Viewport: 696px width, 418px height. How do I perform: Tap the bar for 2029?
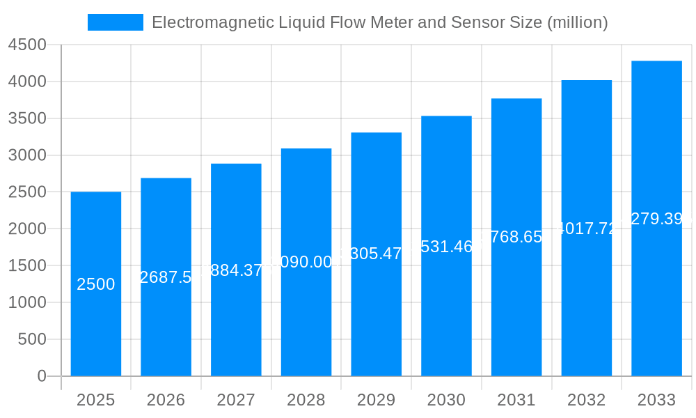tap(376, 313)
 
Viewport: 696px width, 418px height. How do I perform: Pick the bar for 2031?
tap(516, 313)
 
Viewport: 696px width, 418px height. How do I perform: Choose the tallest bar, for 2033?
tap(656, 313)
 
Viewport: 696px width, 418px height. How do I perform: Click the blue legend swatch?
tap(115, 22)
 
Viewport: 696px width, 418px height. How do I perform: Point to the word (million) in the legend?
tap(578, 22)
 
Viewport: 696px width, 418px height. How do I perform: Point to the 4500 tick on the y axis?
tap(27, 45)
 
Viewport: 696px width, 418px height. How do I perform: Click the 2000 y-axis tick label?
tap(27, 229)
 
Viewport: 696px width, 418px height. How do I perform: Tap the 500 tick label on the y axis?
tap(32, 339)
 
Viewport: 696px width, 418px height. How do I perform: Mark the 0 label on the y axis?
tap(41, 376)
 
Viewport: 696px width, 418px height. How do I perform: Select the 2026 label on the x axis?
tap(166, 400)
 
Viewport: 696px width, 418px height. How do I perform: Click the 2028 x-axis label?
tap(306, 400)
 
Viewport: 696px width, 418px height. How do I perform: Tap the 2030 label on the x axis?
tap(446, 400)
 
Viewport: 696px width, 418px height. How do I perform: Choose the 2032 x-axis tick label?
tap(586, 400)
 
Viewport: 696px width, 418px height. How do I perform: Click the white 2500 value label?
tap(96, 284)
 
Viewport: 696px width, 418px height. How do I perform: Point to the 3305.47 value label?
tap(376, 254)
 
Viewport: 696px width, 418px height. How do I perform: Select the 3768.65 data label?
tap(516, 237)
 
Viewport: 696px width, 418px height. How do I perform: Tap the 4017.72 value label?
tap(587, 229)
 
